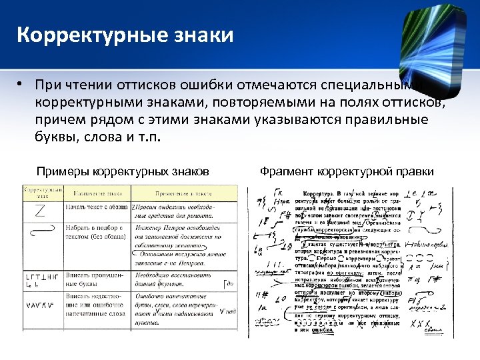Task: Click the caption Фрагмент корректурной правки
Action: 347,171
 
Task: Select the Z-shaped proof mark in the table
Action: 39,213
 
